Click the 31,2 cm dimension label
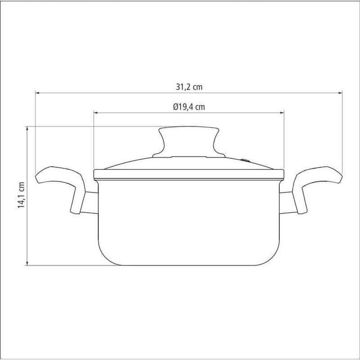189,87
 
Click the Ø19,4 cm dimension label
189,107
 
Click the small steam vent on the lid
245,160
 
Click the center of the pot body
189,221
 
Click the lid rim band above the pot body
189,174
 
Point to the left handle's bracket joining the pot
91,204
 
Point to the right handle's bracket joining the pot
286,204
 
